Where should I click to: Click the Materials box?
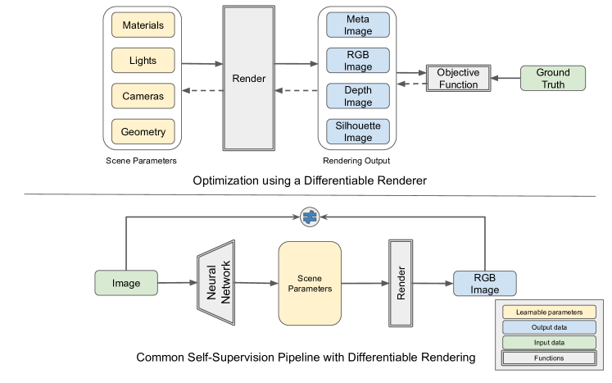[143, 25]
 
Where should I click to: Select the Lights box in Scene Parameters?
[143, 61]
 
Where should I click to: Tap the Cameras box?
[143, 96]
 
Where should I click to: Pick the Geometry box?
[143, 131]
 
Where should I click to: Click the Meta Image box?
[358, 25]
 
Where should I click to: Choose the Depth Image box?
[358, 96]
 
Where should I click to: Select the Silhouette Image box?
[358, 131]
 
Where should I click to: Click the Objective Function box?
[458, 79]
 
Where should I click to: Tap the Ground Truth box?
[553, 79]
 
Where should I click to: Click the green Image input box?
[127, 283]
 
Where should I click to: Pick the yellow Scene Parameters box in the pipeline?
[310, 283]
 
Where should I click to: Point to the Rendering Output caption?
[357, 160]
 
